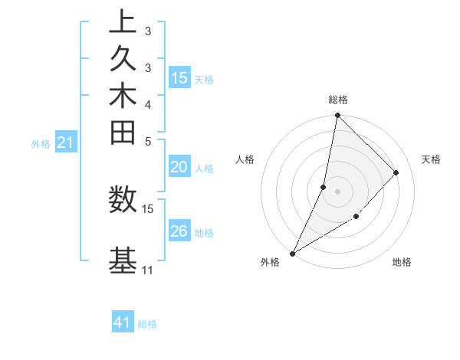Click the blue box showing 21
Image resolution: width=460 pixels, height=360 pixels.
click(x=66, y=142)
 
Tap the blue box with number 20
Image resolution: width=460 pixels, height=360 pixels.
click(x=179, y=168)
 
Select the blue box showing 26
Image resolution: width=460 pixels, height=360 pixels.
click(x=179, y=231)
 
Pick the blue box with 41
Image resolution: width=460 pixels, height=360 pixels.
click(x=123, y=322)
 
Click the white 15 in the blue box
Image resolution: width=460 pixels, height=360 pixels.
click(x=179, y=78)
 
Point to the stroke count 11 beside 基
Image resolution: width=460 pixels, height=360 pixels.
click(x=147, y=270)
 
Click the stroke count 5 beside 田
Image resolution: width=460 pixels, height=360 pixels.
click(x=147, y=141)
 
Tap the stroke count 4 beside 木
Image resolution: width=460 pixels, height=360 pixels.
click(x=147, y=104)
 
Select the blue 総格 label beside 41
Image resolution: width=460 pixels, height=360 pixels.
click(x=147, y=324)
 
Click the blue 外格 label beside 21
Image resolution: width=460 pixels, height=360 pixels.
click(x=41, y=143)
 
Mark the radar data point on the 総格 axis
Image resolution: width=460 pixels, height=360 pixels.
click(x=337, y=115)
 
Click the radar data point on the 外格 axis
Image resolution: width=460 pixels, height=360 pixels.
click(x=293, y=253)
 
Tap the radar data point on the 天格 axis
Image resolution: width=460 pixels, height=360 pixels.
click(x=396, y=172)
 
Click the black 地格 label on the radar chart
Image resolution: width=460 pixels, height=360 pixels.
click(x=402, y=263)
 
